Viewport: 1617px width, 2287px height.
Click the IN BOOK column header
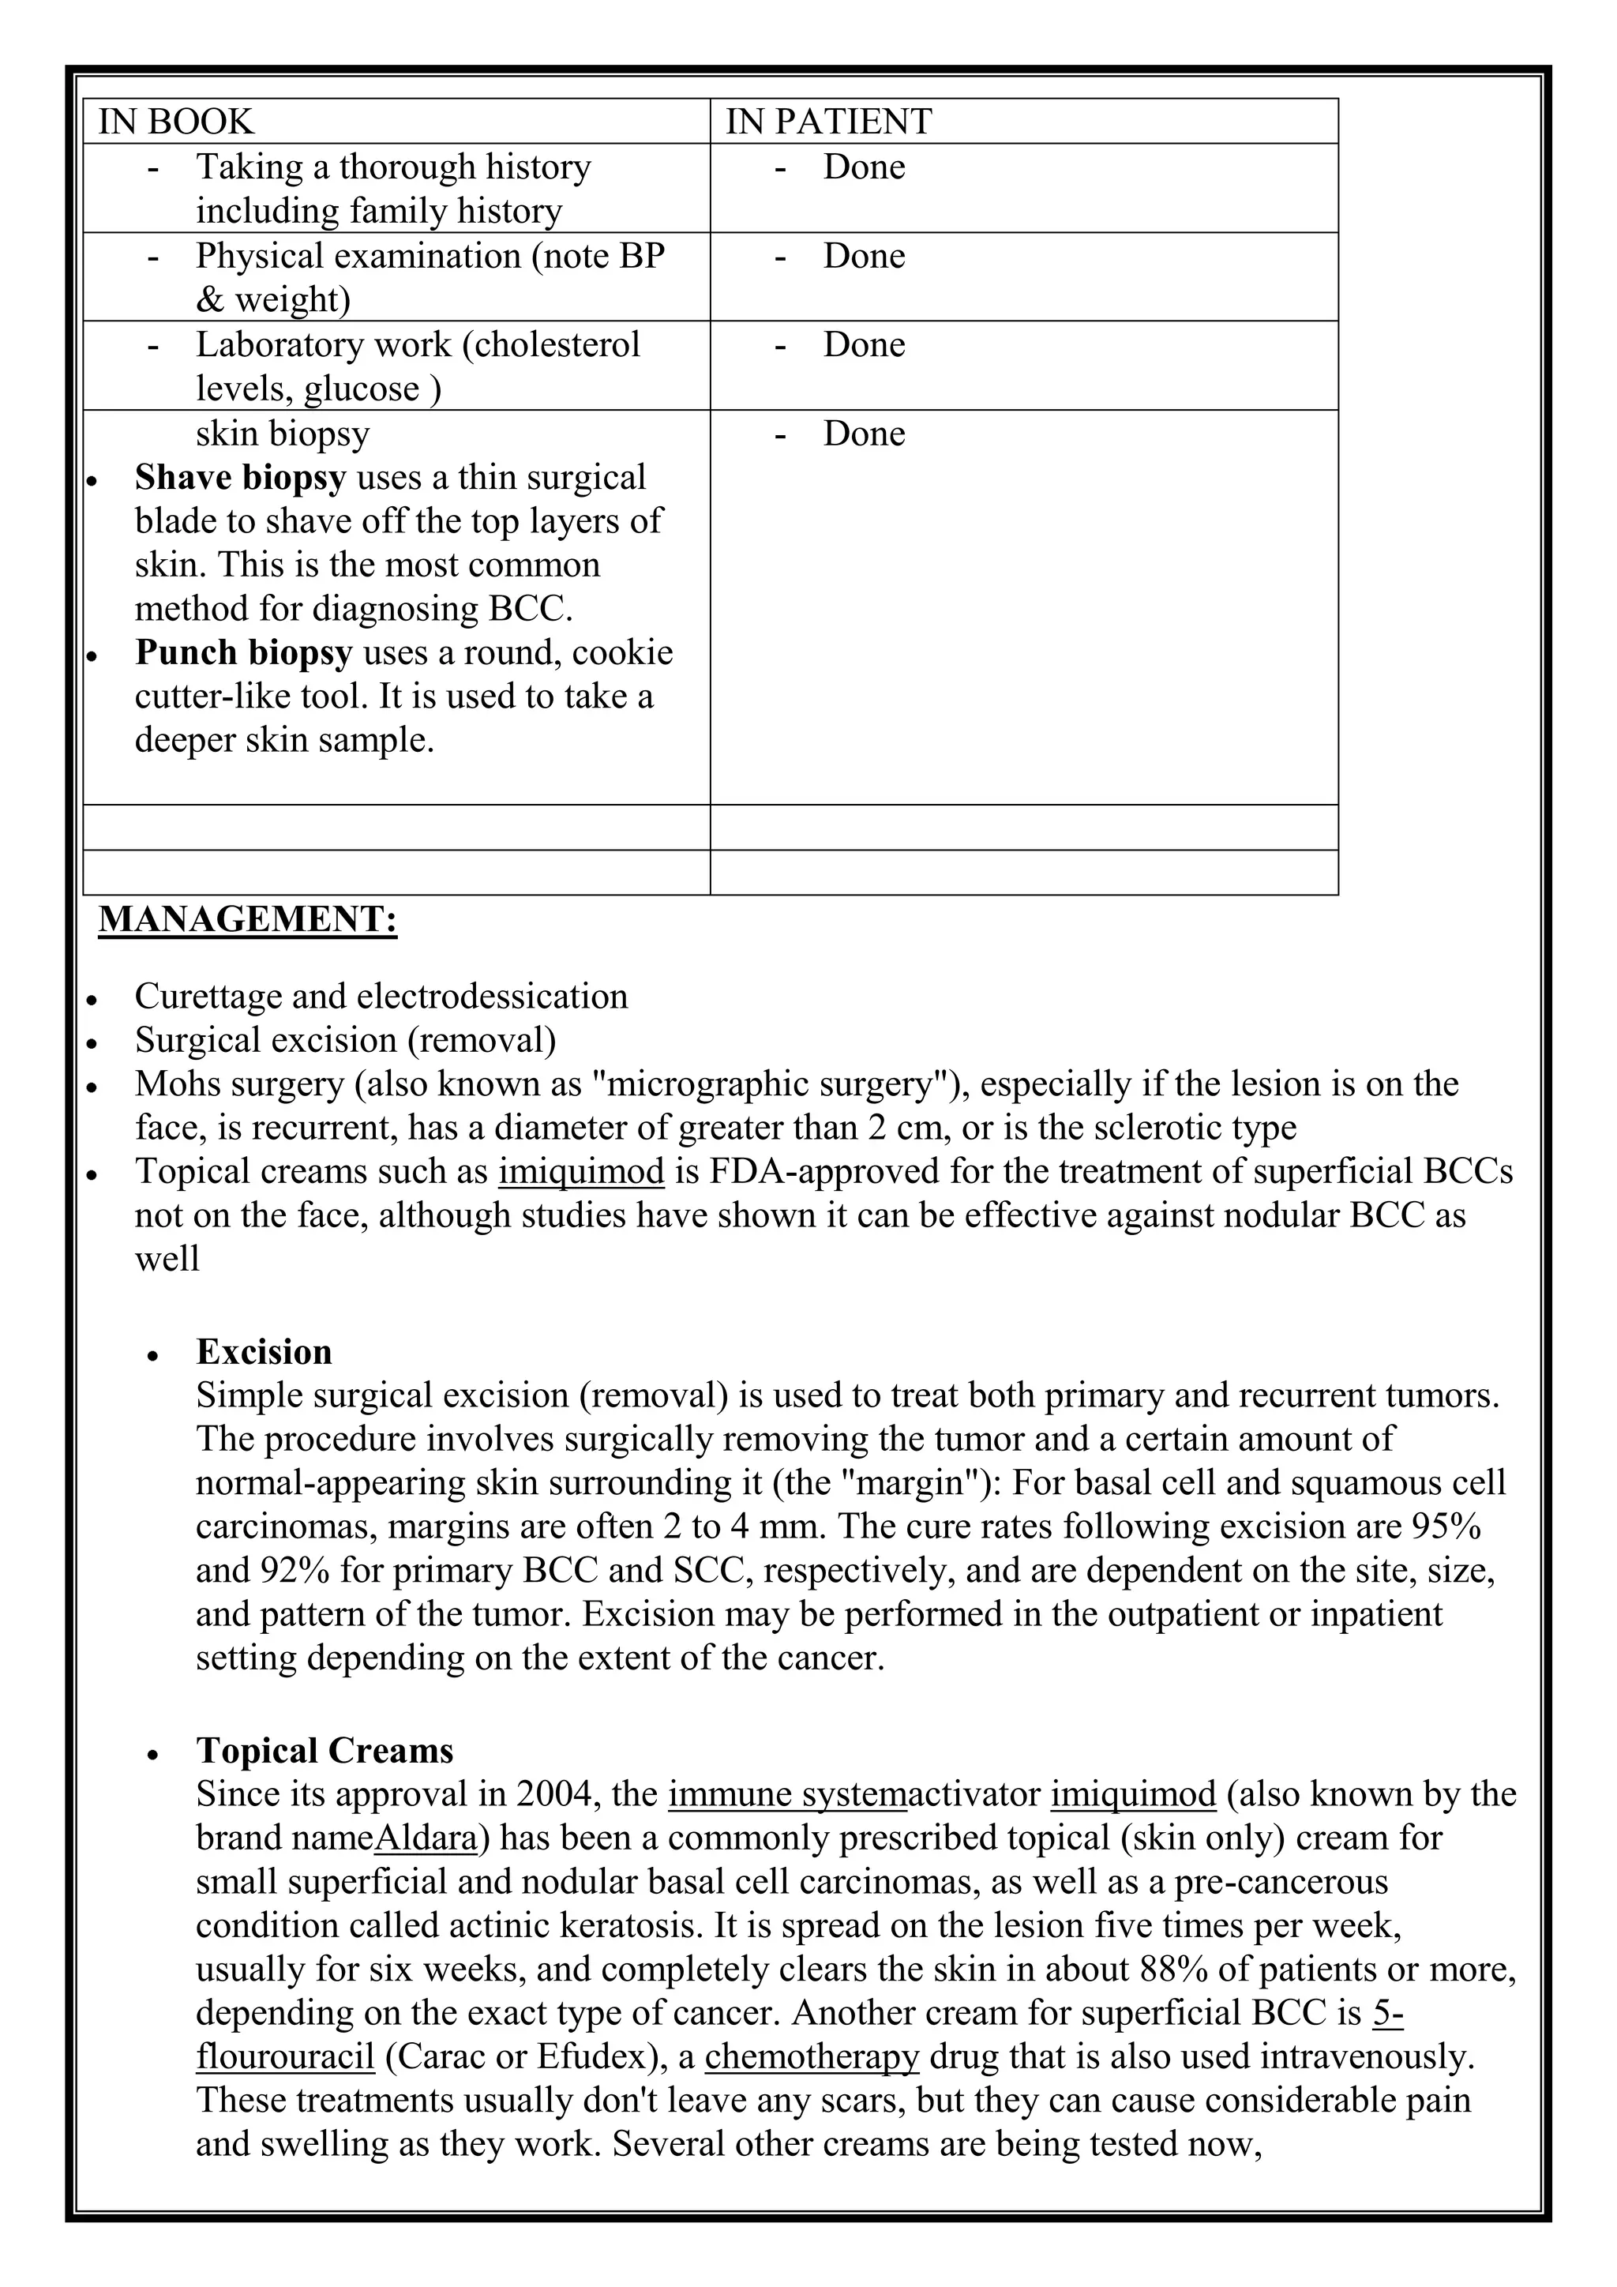pos(176,122)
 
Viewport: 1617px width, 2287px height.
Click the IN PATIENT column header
pos(828,122)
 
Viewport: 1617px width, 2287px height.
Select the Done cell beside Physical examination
pos(863,256)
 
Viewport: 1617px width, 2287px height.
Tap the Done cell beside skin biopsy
pos(863,434)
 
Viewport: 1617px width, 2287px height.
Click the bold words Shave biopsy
pos(240,477)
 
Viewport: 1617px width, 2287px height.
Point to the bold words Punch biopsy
pos(243,652)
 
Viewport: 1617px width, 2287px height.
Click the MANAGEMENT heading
pos(247,918)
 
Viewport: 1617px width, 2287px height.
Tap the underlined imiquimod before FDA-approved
pos(580,1171)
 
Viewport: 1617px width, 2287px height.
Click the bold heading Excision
pos(264,1352)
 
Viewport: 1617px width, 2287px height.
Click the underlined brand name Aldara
pos(426,1838)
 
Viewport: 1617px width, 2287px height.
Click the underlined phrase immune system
pos(786,1794)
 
